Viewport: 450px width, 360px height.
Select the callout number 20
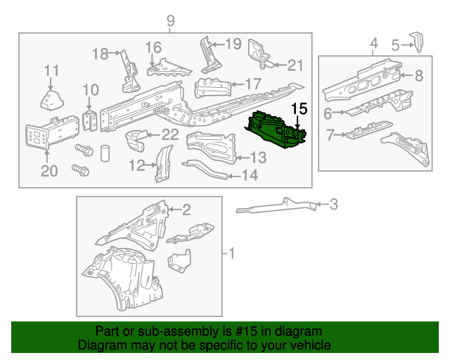pyautogui.click(x=48, y=171)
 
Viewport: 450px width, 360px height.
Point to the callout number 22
pyautogui.click(x=169, y=135)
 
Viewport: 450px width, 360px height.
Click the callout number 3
pyautogui.click(x=333, y=205)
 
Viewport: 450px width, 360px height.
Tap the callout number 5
pyautogui.click(x=395, y=46)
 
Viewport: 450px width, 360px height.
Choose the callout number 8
pyautogui.click(x=418, y=75)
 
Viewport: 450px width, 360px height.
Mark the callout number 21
pyautogui.click(x=295, y=65)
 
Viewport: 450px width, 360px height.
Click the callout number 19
pyautogui.click(x=233, y=44)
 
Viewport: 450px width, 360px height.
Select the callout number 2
pyautogui.click(x=186, y=209)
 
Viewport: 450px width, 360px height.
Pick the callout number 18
pyautogui.click(x=101, y=53)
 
